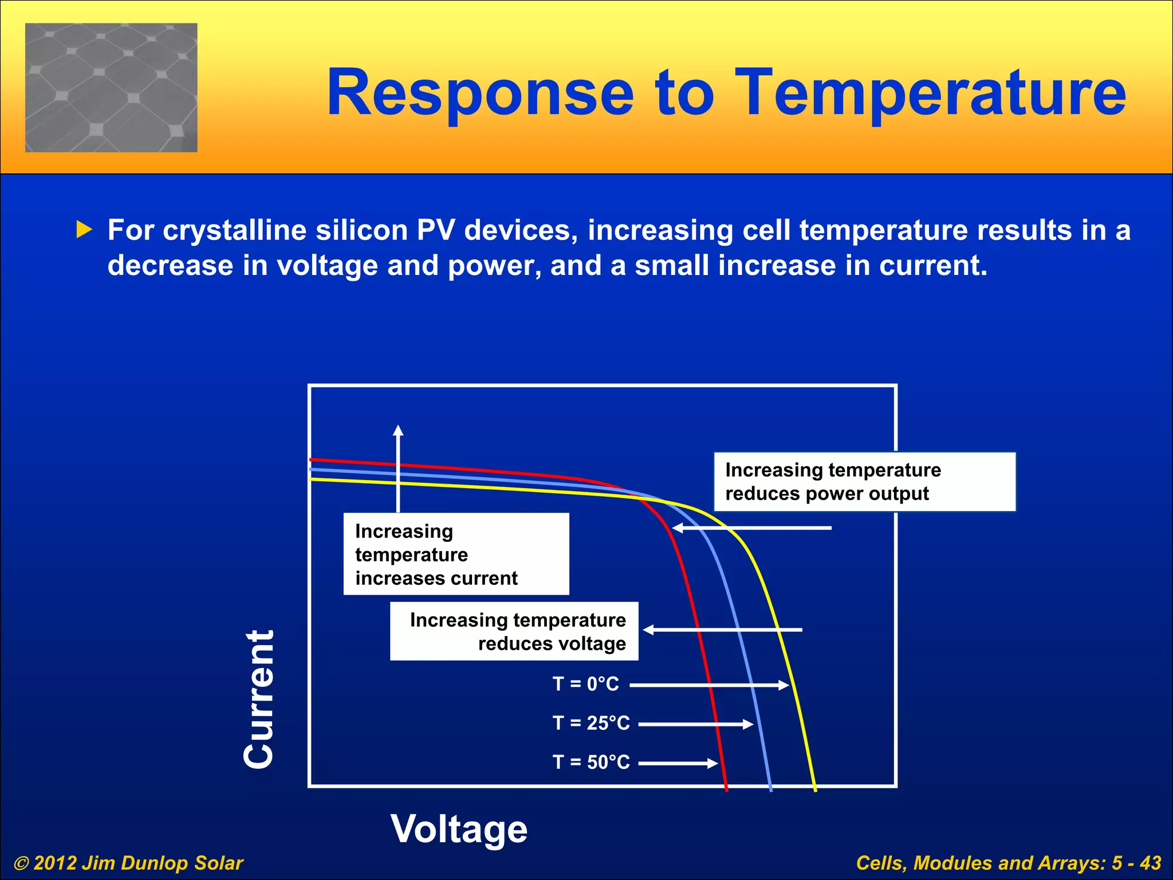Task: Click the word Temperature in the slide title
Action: [x=930, y=93]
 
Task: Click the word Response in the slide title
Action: [x=480, y=93]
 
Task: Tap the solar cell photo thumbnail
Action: [x=111, y=88]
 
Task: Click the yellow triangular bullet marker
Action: [x=84, y=230]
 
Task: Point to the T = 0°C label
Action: [x=585, y=684]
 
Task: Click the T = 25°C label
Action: [x=591, y=723]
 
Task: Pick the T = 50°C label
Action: [x=591, y=762]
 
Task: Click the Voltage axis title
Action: [x=459, y=829]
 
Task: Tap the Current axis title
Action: [x=259, y=699]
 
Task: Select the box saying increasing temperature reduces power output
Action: [x=864, y=482]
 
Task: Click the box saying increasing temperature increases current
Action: [x=456, y=554]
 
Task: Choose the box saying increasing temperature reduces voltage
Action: [x=514, y=631]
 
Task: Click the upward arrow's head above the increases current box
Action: [x=398, y=430]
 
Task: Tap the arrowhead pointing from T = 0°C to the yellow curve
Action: [x=784, y=685]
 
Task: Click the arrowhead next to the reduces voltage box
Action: [x=648, y=630]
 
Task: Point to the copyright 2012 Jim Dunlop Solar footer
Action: [x=128, y=863]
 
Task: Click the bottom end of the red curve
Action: [x=726, y=789]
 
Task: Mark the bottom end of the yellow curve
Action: [x=815, y=789]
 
